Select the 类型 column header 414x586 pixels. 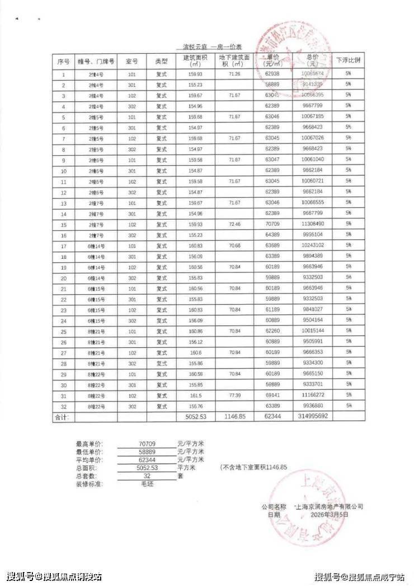tap(161, 61)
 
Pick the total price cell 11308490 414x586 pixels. tap(312, 224)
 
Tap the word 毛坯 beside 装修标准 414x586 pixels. tap(148, 483)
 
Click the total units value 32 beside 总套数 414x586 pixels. tap(148, 475)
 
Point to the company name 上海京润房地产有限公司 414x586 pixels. tap(330, 506)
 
